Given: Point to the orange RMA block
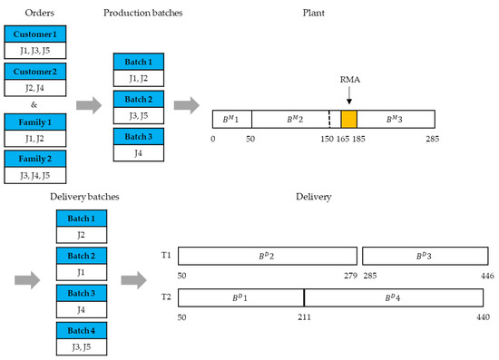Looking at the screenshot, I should coord(348,119).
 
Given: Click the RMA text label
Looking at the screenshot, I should coord(348,80).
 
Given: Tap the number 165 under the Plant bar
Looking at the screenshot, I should coord(341,141).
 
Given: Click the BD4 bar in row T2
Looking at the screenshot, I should coord(392,297).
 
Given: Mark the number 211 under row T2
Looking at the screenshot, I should coord(304,317).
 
